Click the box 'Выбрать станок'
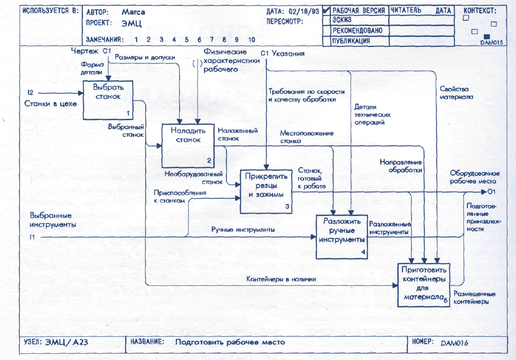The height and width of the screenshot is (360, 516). point(108,99)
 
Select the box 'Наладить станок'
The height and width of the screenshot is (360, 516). point(187,144)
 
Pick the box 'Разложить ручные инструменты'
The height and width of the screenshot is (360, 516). point(341,236)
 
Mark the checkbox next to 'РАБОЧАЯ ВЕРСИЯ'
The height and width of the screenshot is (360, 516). point(326,10)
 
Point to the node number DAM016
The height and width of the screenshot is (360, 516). point(454,341)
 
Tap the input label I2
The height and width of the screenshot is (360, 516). point(30,93)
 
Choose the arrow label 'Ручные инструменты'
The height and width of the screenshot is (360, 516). point(242,230)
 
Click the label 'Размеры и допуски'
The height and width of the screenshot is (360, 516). point(145,58)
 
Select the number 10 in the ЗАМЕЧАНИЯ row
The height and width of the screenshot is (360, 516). point(251,39)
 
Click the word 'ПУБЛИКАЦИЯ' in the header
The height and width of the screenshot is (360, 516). point(351,40)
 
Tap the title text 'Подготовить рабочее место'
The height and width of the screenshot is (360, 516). point(229,341)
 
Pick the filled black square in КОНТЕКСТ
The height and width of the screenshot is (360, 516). point(487,35)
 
